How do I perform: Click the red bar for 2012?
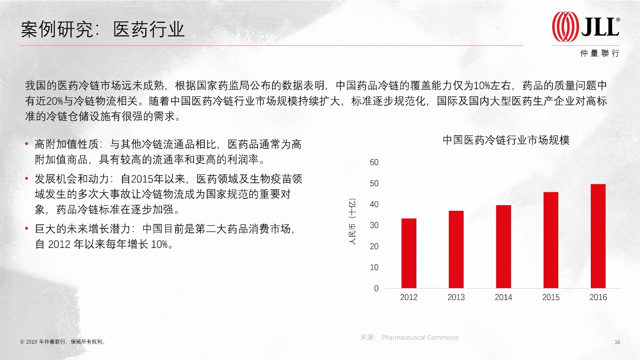click(x=409, y=253)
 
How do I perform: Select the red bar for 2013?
click(x=456, y=250)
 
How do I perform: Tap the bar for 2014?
click(x=504, y=246)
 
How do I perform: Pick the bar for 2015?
click(x=551, y=240)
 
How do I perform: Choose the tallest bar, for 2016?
click(x=598, y=236)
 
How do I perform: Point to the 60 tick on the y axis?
click(x=374, y=162)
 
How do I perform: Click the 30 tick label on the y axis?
click(x=374, y=226)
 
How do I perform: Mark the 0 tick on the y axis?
click(x=376, y=288)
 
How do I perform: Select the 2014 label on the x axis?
click(x=504, y=297)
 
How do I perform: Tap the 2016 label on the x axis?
click(x=598, y=297)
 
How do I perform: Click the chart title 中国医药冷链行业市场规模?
click(x=506, y=140)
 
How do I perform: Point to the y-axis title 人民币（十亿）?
click(x=352, y=222)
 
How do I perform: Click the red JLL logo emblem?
click(x=565, y=26)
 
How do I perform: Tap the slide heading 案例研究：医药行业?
click(x=102, y=29)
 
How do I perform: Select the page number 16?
click(x=617, y=342)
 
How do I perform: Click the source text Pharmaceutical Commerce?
click(x=420, y=338)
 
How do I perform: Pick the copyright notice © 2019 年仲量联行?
click(x=62, y=342)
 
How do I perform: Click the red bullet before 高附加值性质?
click(x=26, y=144)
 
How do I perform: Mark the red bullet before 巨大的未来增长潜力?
click(x=26, y=228)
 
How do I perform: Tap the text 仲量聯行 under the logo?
click(x=600, y=53)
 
